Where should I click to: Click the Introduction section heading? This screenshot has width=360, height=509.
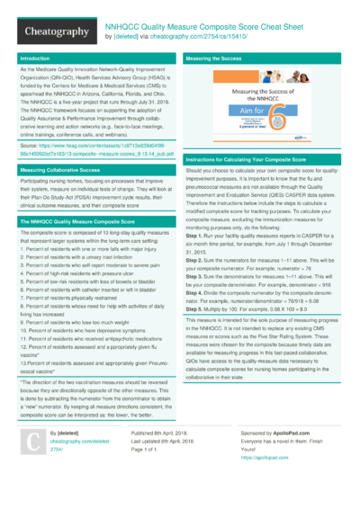[x=35, y=58]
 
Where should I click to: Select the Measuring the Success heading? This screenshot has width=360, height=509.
[x=213, y=58]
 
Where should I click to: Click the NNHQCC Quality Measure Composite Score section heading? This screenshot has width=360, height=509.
[x=73, y=219]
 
